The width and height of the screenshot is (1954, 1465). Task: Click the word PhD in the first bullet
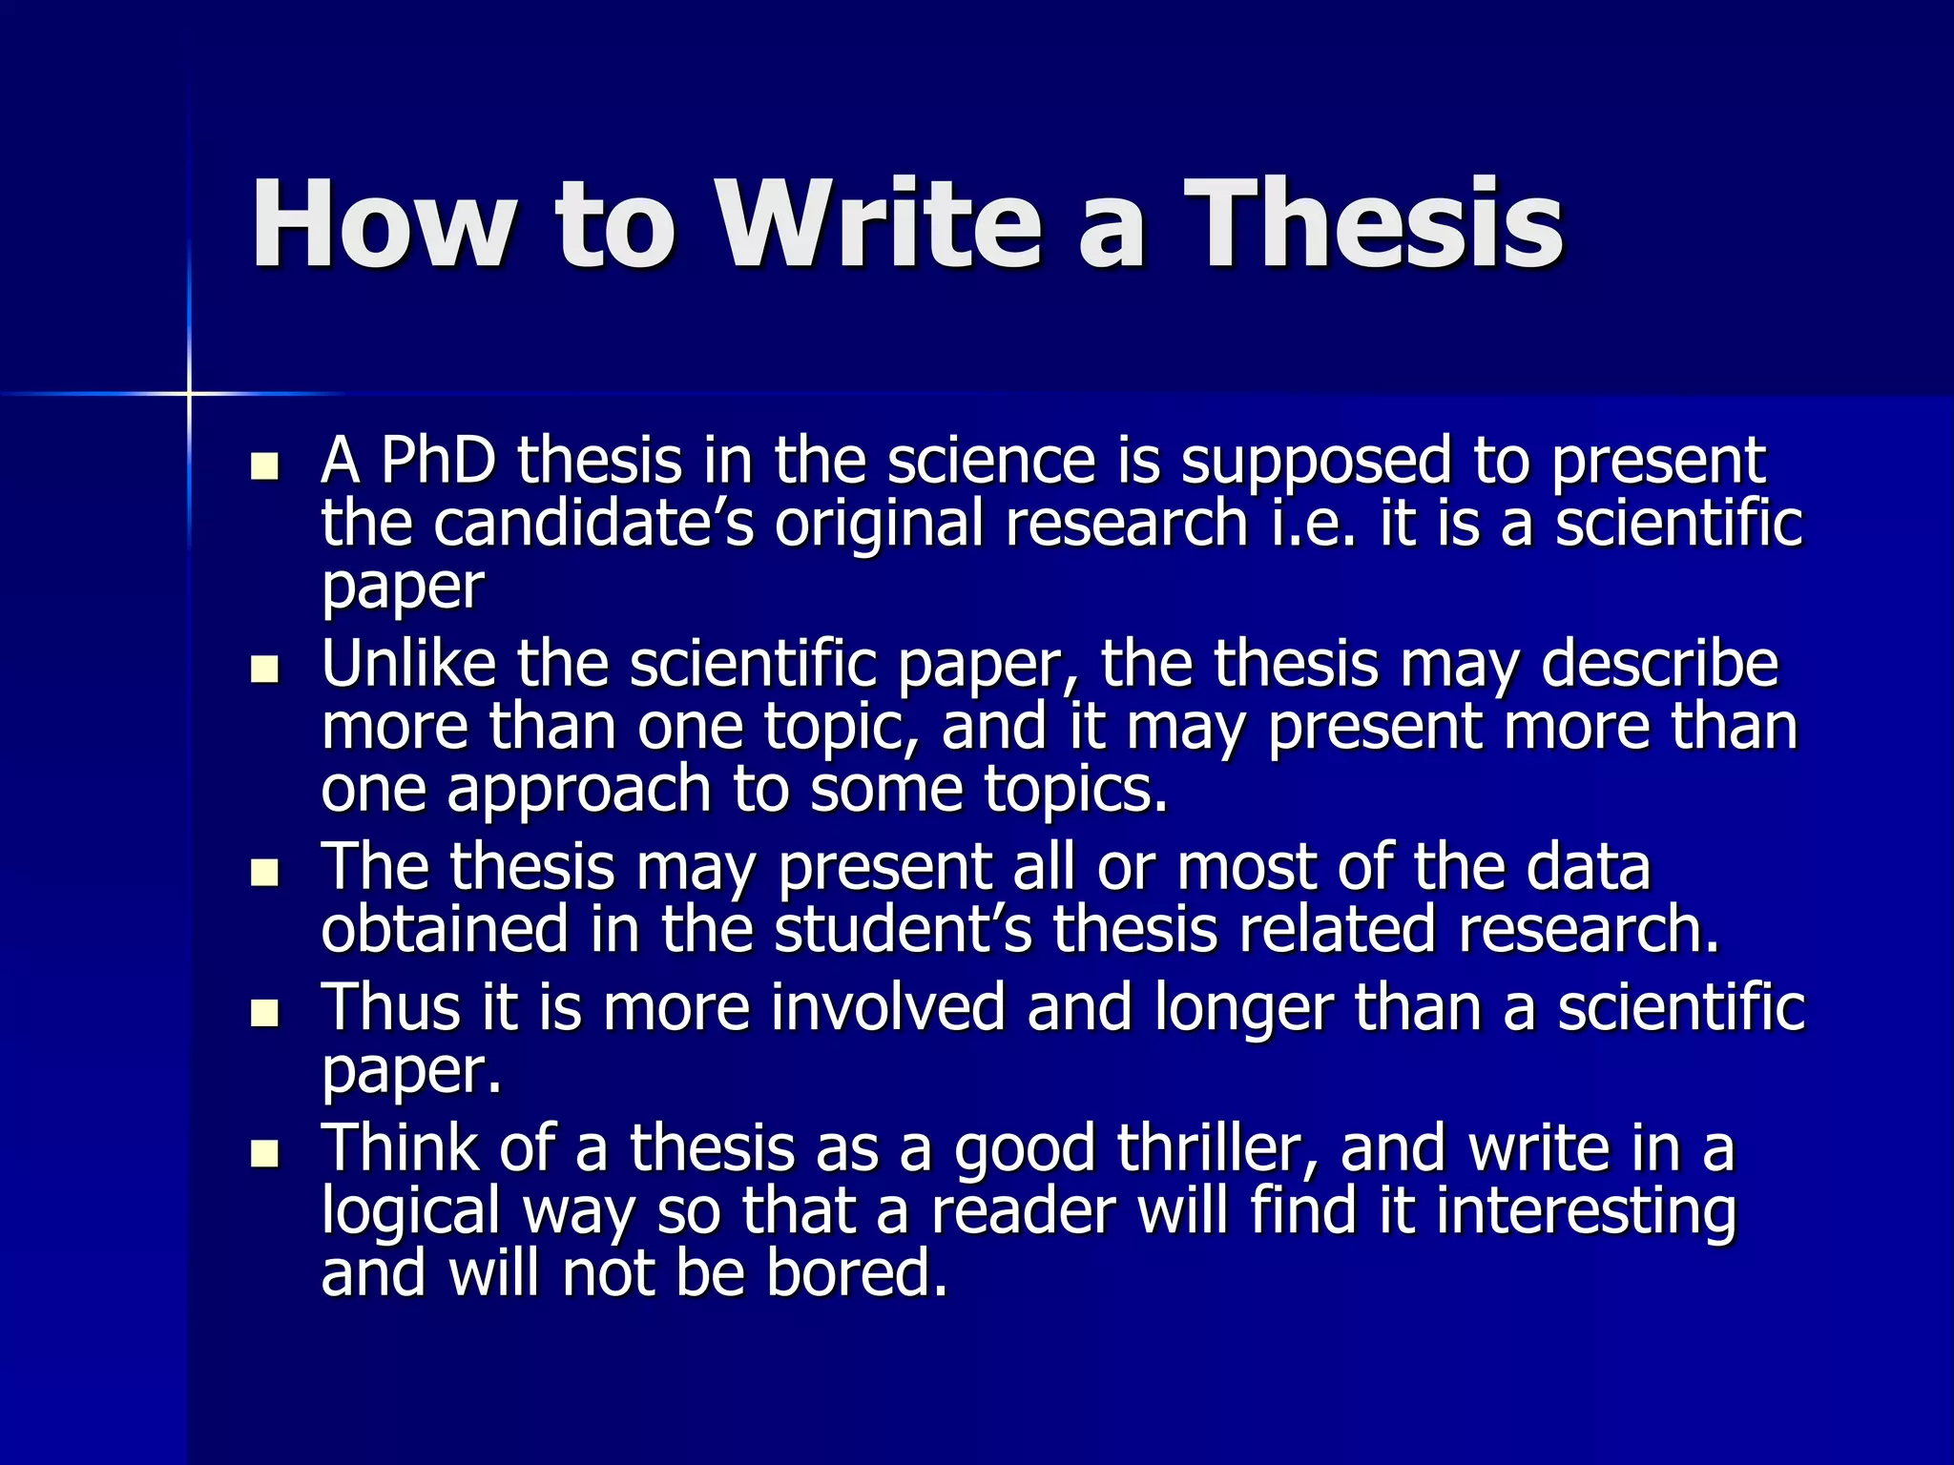coord(438,461)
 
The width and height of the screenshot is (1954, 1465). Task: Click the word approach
coord(578,791)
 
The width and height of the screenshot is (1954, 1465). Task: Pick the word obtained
coord(445,930)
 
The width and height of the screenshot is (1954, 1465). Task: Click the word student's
coord(903,930)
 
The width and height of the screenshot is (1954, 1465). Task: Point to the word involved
coord(887,1007)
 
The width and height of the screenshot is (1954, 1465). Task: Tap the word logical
coord(410,1211)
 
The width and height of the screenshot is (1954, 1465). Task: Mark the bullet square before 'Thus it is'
coord(263,1013)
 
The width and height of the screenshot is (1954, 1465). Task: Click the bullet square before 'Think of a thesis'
coord(263,1153)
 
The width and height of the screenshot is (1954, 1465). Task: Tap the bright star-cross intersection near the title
coord(189,393)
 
